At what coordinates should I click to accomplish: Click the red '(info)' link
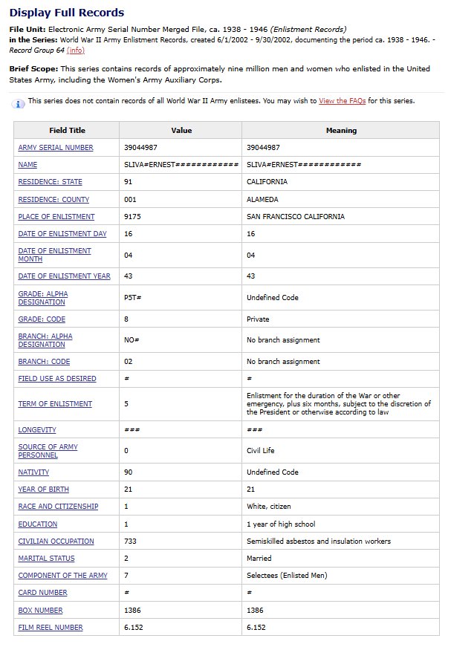(x=76, y=51)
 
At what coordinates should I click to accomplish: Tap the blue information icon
(x=19, y=103)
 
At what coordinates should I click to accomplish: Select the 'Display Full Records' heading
(x=67, y=13)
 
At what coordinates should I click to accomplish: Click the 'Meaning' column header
(x=341, y=131)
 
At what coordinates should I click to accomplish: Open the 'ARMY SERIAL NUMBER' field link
(x=56, y=148)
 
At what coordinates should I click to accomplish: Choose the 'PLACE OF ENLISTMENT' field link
(x=56, y=217)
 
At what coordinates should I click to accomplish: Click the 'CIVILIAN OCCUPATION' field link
(x=56, y=542)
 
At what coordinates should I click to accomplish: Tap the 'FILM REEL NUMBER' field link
(x=51, y=628)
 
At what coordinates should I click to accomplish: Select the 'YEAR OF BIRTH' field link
(x=43, y=490)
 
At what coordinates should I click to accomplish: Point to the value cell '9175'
(x=132, y=217)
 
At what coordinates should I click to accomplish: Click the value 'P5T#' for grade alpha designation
(x=133, y=298)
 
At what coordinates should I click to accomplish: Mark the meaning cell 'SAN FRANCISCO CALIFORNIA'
(x=296, y=217)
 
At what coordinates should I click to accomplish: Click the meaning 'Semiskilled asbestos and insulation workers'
(x=319, y=542)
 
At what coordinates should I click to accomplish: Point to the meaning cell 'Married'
(x=259, y=559)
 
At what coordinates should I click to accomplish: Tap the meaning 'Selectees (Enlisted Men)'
(x=288, y=576)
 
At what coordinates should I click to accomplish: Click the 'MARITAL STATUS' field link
(x=46, y=559)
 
